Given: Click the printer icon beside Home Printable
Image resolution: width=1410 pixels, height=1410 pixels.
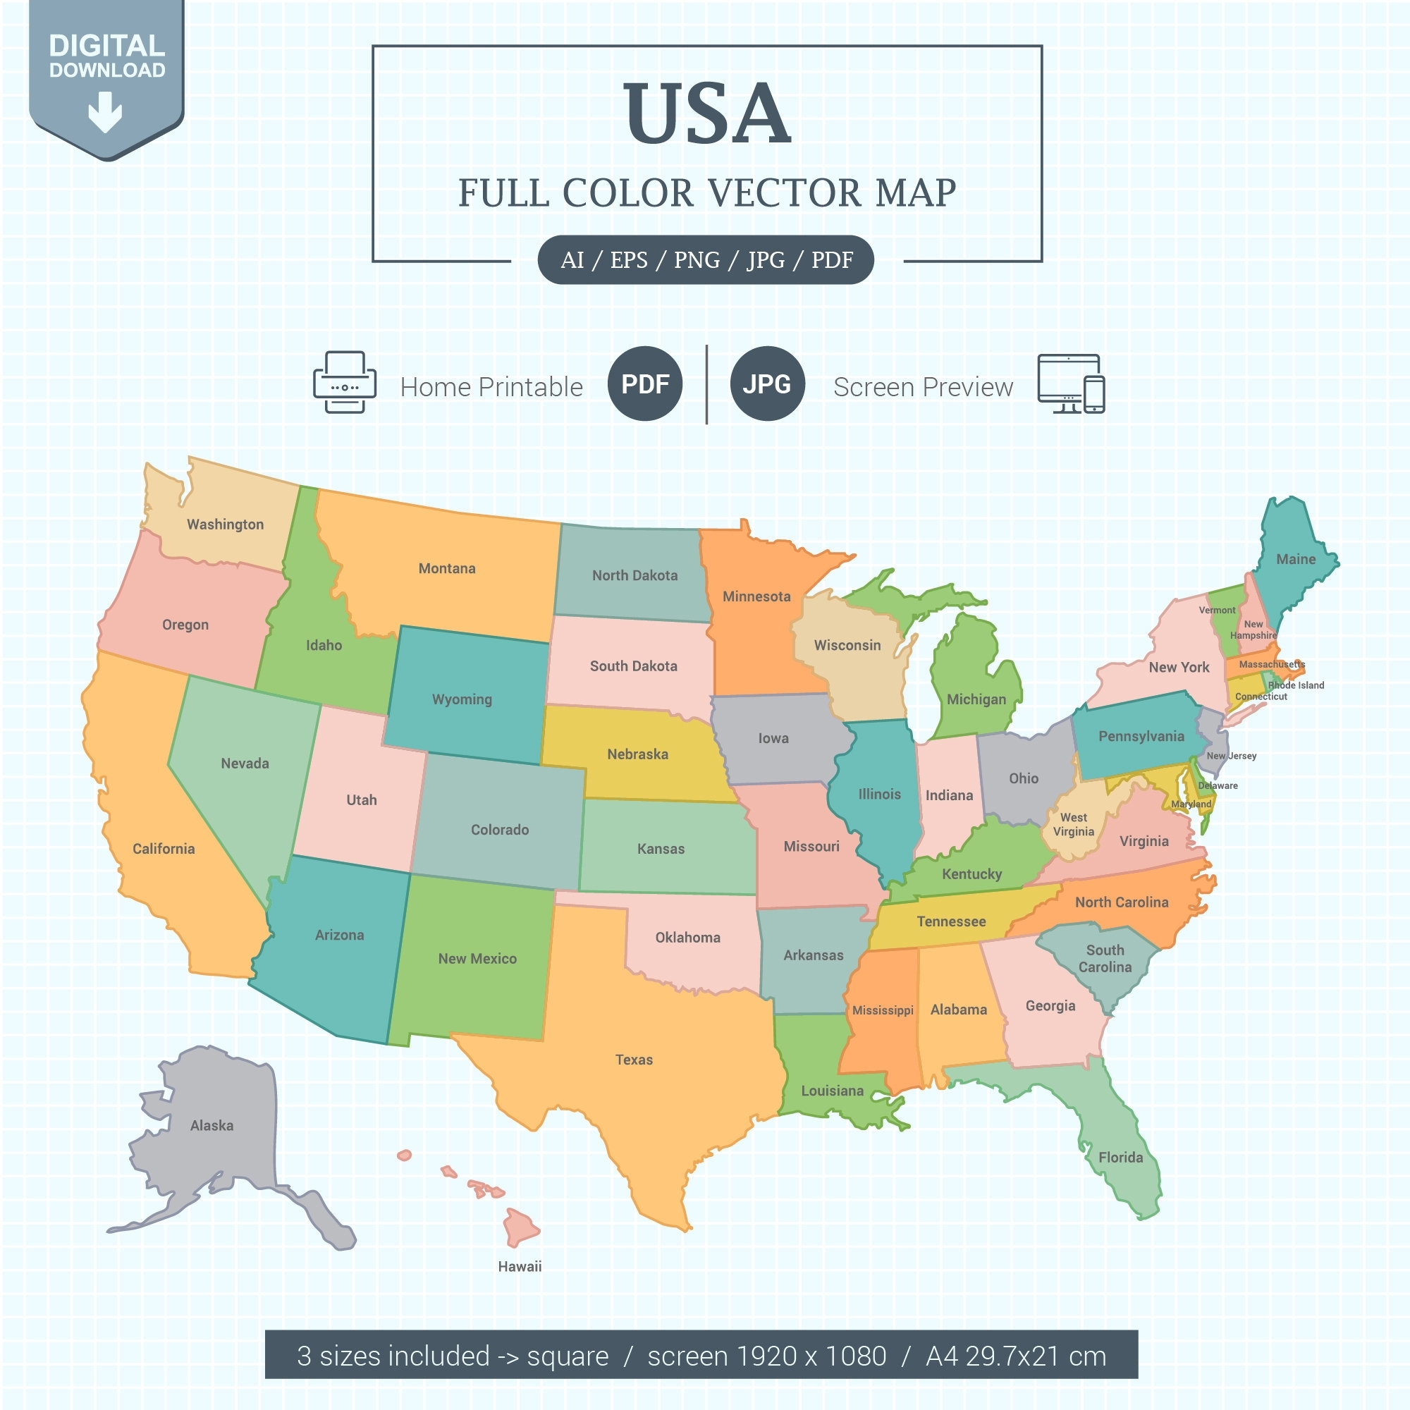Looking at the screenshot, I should point(345,383).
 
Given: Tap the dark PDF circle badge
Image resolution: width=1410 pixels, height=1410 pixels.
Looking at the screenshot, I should point(644,384).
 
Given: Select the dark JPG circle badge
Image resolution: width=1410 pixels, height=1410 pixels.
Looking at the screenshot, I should point(766,384).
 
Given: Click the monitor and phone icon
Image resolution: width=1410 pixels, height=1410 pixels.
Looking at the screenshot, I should point(1071,384).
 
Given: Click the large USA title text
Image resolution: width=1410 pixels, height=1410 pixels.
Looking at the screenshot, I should point(706,113).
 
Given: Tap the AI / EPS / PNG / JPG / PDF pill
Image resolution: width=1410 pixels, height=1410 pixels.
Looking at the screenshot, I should point(706,260).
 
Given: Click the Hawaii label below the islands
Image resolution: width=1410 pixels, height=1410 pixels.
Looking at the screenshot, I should point(520,1266).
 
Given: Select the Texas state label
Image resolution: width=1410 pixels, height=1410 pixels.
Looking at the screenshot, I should point(634,1060).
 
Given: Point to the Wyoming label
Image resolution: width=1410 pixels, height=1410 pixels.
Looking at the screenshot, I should point(462,699).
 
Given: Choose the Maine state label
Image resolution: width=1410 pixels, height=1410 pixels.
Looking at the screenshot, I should point(1295,560).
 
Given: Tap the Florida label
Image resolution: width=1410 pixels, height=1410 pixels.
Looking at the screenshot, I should point(1120,1158).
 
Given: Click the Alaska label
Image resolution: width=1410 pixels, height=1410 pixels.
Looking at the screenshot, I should point(211,1125).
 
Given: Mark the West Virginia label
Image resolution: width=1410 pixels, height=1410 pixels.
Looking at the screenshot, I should point(1073,825).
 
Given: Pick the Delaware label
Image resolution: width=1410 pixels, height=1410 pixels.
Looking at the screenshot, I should point(1218,786).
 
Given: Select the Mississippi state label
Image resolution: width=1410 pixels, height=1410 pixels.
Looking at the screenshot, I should point(883,1011).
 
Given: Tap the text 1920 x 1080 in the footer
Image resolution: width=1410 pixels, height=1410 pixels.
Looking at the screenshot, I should point(811,1356).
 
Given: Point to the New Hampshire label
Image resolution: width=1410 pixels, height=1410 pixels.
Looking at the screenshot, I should point(1253,630).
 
